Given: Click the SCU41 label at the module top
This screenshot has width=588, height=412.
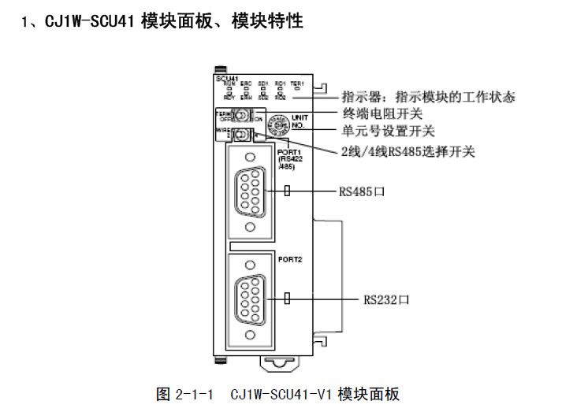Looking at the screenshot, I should [x=225, y=78].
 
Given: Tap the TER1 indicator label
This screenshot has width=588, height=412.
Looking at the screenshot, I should [x=296, y=84].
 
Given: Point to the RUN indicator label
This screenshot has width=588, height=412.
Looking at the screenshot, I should [x=229, y=84].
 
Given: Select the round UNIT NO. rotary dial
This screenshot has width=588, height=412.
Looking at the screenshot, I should [x=277, y=122].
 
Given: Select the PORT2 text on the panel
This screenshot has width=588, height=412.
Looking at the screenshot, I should [x=288, y=258].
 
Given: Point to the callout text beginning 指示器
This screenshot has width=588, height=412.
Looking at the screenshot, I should [x=428, y=97].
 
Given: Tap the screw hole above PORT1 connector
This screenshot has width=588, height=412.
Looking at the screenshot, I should [x=251, y=155].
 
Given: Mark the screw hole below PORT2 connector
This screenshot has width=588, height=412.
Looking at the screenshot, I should [x=251, y=336].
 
